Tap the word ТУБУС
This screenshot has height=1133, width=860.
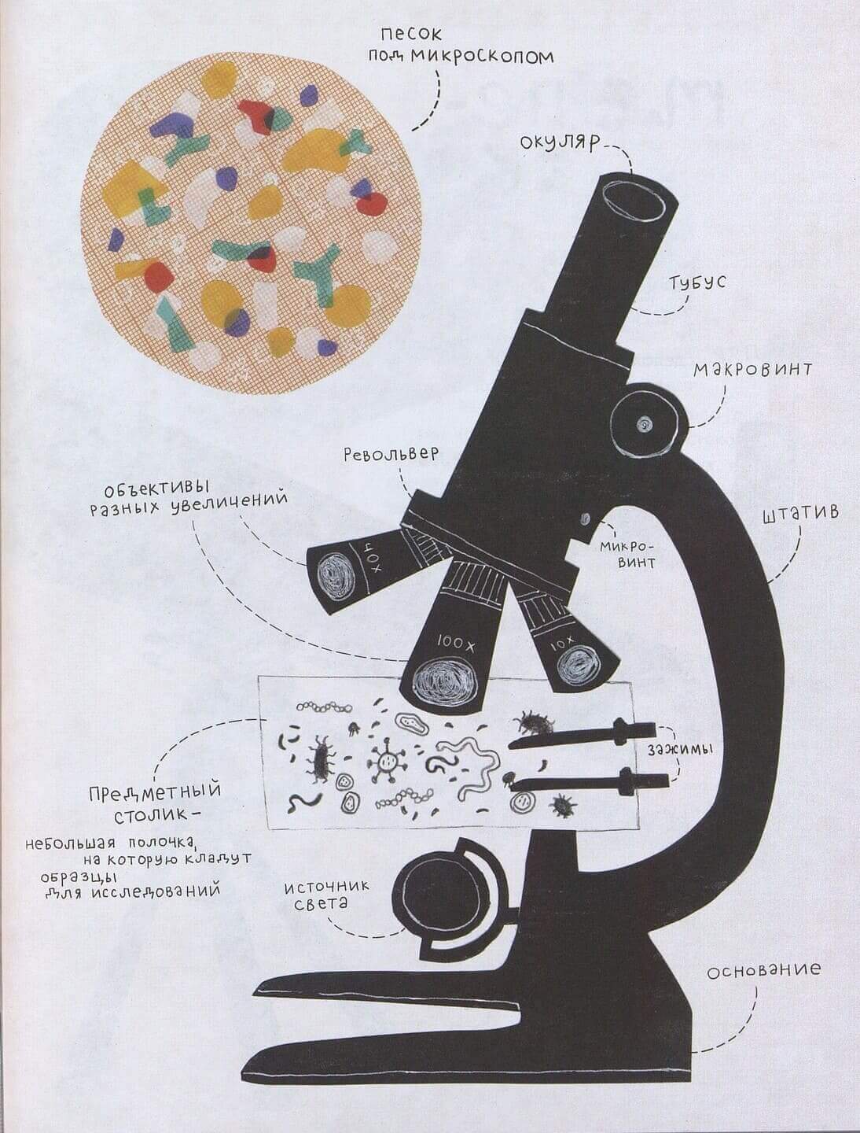[698, 283]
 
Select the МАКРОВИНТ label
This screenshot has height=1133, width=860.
[752, 369]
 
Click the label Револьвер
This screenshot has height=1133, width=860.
[390, 456]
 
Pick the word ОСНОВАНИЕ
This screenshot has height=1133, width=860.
[763, 970]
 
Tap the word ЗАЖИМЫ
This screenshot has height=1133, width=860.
[680, 750]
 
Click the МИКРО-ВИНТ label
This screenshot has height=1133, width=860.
[626, 554]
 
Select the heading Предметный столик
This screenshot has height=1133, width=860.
[156, 800]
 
